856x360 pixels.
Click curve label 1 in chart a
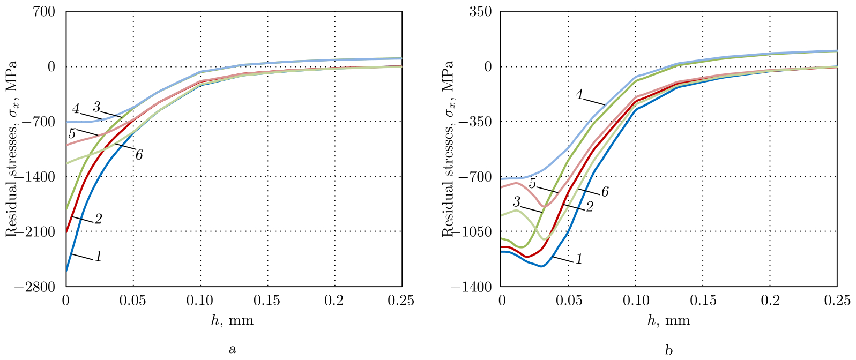[98, 257]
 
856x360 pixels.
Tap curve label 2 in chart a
[98, 219]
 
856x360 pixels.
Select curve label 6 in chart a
[139, 155]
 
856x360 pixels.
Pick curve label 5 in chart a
[72, 133]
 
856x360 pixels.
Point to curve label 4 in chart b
[579, 95]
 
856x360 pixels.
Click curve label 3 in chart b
[517, 202]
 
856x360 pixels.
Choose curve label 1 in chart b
[579, 259]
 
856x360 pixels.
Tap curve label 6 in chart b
[605, 192]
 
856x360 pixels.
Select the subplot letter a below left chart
[232, 350]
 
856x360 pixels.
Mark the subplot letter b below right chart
[668, 350]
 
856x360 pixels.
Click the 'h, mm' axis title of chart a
[232, 320]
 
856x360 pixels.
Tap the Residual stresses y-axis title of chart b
[448, 149]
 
